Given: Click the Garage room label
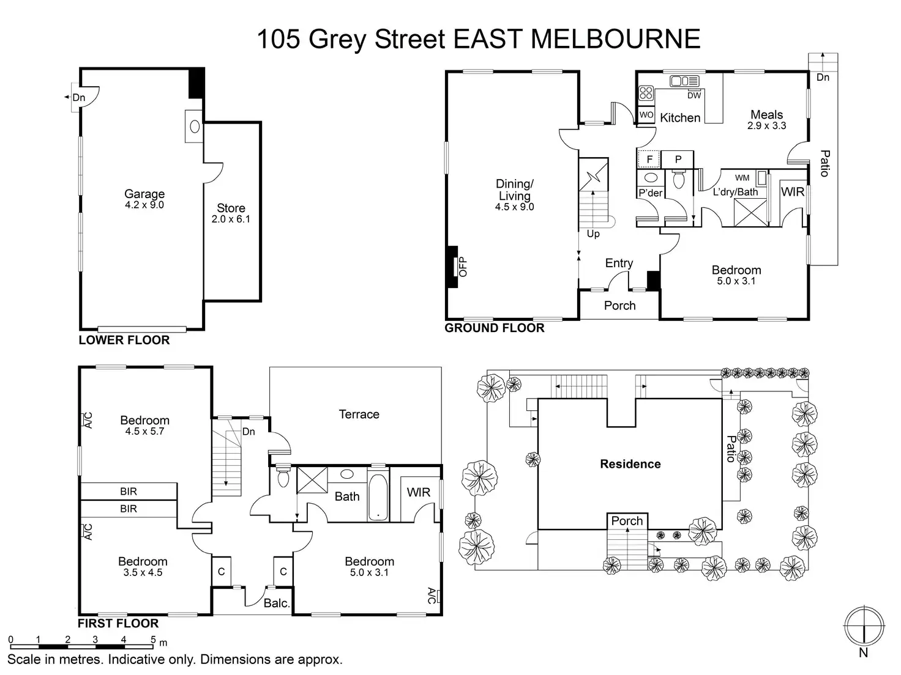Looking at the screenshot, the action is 144,195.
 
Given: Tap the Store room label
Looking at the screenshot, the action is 231,208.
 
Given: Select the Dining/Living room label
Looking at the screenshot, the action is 514,190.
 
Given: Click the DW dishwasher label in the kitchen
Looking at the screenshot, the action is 694,95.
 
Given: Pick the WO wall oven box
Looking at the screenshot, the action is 646,115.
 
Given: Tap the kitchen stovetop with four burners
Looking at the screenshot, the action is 646,93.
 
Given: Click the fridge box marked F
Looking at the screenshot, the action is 649,160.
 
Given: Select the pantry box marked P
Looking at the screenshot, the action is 678,160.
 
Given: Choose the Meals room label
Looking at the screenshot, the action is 766,115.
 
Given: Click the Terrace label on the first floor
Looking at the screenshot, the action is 359,415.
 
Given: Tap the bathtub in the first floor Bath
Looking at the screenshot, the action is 378,496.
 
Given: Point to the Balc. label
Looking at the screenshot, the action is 277,603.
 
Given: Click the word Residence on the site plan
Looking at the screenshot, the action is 630,464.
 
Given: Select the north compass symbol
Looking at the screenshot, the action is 864,627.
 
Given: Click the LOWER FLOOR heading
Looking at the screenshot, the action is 124,341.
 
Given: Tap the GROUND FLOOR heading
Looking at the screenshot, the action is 495,328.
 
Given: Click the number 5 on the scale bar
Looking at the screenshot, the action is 152,640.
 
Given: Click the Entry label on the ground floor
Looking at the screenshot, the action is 619,263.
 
